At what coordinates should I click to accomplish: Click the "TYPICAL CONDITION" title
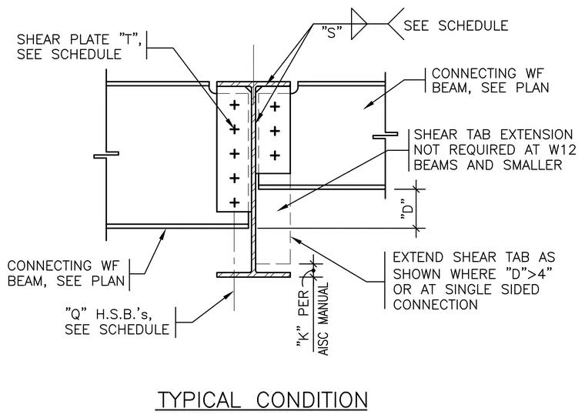(262, 400)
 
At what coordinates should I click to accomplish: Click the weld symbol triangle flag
(359, 24)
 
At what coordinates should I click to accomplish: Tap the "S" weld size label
(332, 33)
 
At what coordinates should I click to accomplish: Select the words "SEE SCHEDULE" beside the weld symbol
(456, 25)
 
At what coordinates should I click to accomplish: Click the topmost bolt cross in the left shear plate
(234, 105)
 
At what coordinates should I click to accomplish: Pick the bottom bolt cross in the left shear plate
(234, 202)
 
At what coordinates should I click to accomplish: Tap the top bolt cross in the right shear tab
(275, 107)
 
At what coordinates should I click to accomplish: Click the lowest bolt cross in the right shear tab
(275, 155)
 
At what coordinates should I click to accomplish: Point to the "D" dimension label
(407, 212)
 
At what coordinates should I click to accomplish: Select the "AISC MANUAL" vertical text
(324, 319)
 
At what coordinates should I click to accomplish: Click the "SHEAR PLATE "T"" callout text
(79, 39)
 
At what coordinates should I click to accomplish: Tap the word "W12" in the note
(563, 149)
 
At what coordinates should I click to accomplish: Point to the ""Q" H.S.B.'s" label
(109, 315)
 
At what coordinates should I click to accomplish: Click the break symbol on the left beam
(106, 155)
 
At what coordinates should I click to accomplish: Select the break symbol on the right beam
(385, 135)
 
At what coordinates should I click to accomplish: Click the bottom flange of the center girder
(253, 275)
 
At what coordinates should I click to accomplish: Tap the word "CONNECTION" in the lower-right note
(436, 305)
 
